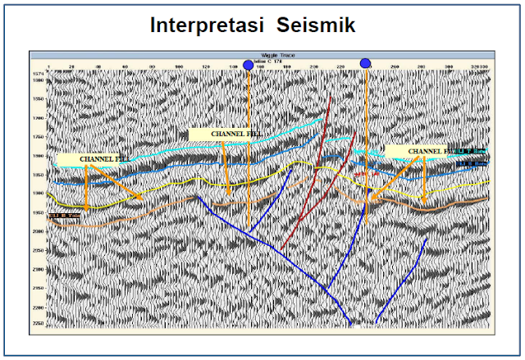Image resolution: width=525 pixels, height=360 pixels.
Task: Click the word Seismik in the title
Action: tap(315, 25)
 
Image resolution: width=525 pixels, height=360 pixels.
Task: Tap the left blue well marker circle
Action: tap(249, 65)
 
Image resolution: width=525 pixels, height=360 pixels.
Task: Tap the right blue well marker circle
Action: tap(365, 64)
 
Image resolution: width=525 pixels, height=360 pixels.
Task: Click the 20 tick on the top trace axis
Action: tap(73, 66)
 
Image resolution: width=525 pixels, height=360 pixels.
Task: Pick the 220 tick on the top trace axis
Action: tap(341, 66)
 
